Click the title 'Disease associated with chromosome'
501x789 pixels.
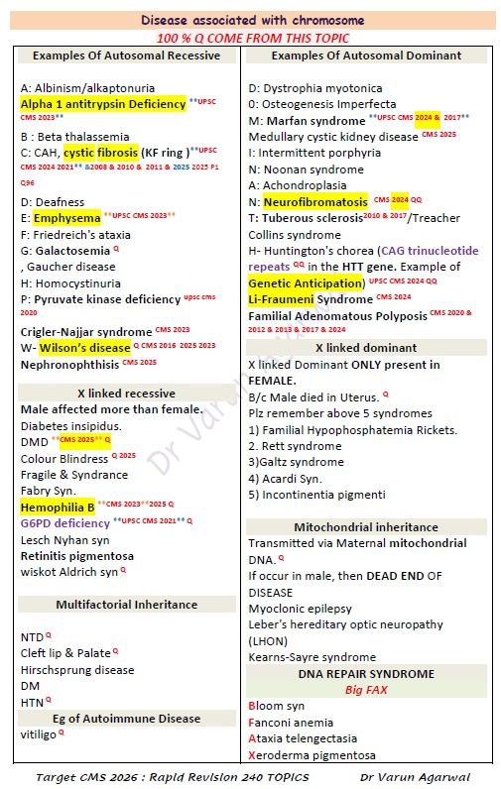252,20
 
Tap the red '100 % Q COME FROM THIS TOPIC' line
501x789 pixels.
252,36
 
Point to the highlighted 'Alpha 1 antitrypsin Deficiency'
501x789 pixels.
102,103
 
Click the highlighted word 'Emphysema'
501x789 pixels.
66,217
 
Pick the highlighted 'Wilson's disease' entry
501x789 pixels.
84,348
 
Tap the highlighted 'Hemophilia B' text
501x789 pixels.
58,507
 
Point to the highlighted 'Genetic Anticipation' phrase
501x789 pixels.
307,282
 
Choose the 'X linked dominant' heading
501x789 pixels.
365,348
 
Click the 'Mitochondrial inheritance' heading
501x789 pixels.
365,527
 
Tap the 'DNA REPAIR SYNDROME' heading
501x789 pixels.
365,673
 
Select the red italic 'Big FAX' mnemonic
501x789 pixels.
365,689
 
